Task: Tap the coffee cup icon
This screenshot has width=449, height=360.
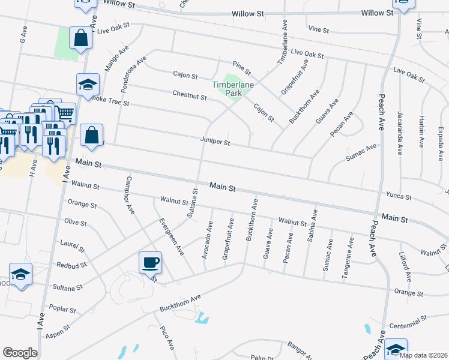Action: click(149, 262)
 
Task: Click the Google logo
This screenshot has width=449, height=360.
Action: click(20, 352)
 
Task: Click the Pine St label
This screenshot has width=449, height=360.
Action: click(241, 67)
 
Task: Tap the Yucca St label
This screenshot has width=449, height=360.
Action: click(400, 196)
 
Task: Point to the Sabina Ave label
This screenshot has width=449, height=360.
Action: click(312, 225)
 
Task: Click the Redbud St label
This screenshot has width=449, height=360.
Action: click(72, 264)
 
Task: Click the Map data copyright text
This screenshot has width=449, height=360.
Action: click(423, 355)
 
